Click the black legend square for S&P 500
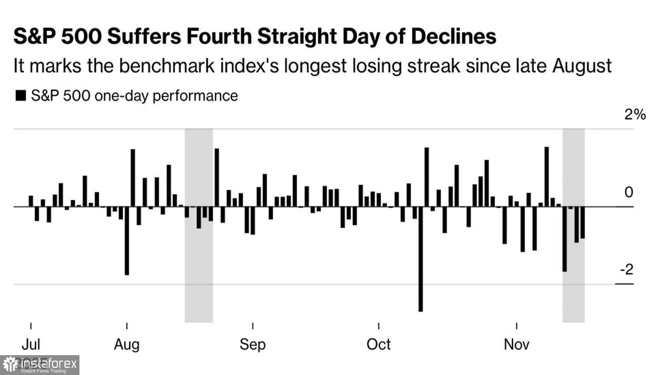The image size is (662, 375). click(x=21, y=96)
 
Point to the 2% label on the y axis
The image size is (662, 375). click(x=635, y=115)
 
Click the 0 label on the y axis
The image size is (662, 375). click(x=628, y=192)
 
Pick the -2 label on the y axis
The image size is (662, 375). click(x=627, y=269)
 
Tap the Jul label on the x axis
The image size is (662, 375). click(x=31, y=344)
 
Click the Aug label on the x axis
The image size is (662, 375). click(x=127, y=344)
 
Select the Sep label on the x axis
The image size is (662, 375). click(x=252, y=344)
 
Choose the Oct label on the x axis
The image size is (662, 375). click(x=379, y=344)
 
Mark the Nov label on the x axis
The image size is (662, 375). click(x=516, y=344)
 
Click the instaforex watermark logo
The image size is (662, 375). click(x=40, y=365)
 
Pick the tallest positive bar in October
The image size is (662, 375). click(x=427, y=177)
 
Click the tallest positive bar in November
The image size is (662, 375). click(x=546, y=176)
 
